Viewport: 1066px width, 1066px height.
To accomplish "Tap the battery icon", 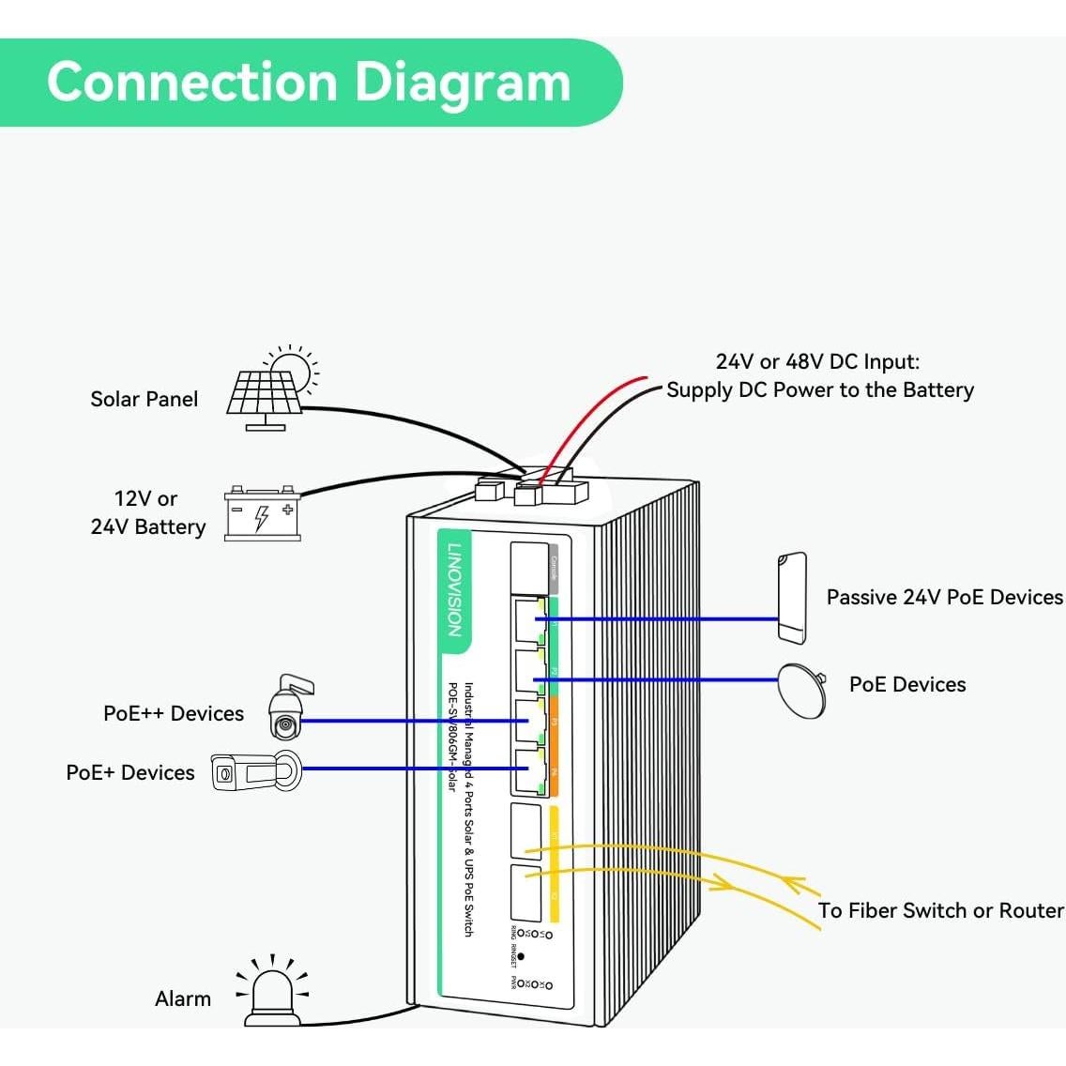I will coord(263,514).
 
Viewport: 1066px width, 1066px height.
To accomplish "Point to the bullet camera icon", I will coord(253,772).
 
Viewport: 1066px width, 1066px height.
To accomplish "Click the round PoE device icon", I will coord(803,691).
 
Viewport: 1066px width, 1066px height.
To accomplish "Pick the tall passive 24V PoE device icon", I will coord(792,599).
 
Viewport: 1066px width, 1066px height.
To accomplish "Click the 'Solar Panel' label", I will coord(144,399).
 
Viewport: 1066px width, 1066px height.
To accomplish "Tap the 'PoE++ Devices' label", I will coord(174,713).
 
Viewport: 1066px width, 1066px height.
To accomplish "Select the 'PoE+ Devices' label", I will coord(130,772).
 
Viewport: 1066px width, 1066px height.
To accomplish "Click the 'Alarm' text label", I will coord(183,998).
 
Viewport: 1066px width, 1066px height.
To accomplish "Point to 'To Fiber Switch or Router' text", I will coord(940,910).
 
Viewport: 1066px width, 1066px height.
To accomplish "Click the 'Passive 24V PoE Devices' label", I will coord(944,597).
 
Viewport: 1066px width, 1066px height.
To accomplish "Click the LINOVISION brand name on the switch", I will coord(454,590).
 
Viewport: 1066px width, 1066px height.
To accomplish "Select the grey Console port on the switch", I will coord(528,566).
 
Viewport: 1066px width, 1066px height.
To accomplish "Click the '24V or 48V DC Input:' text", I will coord(817,361).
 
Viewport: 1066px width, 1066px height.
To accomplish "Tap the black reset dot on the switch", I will coord(522,957).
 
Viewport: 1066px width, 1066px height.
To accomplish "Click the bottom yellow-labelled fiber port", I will coord(527,892).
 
